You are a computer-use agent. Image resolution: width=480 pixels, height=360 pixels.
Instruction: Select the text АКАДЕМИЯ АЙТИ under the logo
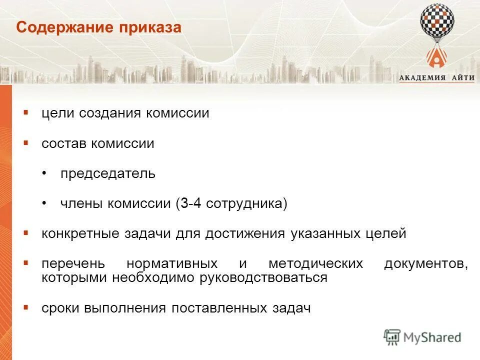(x=436, y=77)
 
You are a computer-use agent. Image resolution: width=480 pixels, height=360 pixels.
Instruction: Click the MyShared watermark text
(x=432, y=337)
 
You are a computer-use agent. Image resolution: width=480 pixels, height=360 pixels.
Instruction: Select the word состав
(x=64, y=143)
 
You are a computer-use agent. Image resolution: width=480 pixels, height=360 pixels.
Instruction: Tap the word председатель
(x=108, y=173)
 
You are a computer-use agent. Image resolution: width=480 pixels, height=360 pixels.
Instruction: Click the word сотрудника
(x=244, y=204)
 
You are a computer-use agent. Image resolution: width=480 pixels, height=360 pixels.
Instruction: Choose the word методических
(x=315, y=264)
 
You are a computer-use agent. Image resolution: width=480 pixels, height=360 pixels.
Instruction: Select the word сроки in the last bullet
(x=61, y=308)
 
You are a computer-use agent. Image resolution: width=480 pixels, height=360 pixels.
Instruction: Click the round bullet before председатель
(x=45, y=173)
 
